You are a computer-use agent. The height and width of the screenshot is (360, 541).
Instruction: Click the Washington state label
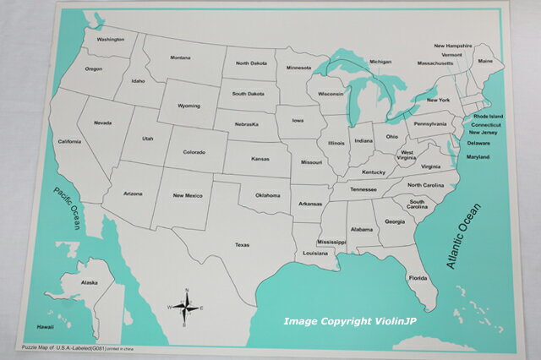click(111, 40)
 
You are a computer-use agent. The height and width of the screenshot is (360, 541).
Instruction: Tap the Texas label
click(242, 245)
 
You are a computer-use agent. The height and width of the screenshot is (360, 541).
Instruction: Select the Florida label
click(418, 278)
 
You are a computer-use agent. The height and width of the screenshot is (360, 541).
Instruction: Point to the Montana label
click(180, 57)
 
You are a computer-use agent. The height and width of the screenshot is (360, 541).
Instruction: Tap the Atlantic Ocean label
click(463, 236)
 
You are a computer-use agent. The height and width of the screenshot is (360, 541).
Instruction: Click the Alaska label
click(89, 283)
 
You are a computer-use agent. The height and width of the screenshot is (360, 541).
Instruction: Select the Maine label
click(485, 62)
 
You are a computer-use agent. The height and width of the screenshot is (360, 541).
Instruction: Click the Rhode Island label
click(488, 116)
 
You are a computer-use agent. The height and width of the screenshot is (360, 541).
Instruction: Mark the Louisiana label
click(315, 253)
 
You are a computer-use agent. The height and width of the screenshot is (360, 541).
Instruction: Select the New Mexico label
click(187, 195)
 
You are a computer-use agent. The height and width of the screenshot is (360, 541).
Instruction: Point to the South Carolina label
click(418, 205)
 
